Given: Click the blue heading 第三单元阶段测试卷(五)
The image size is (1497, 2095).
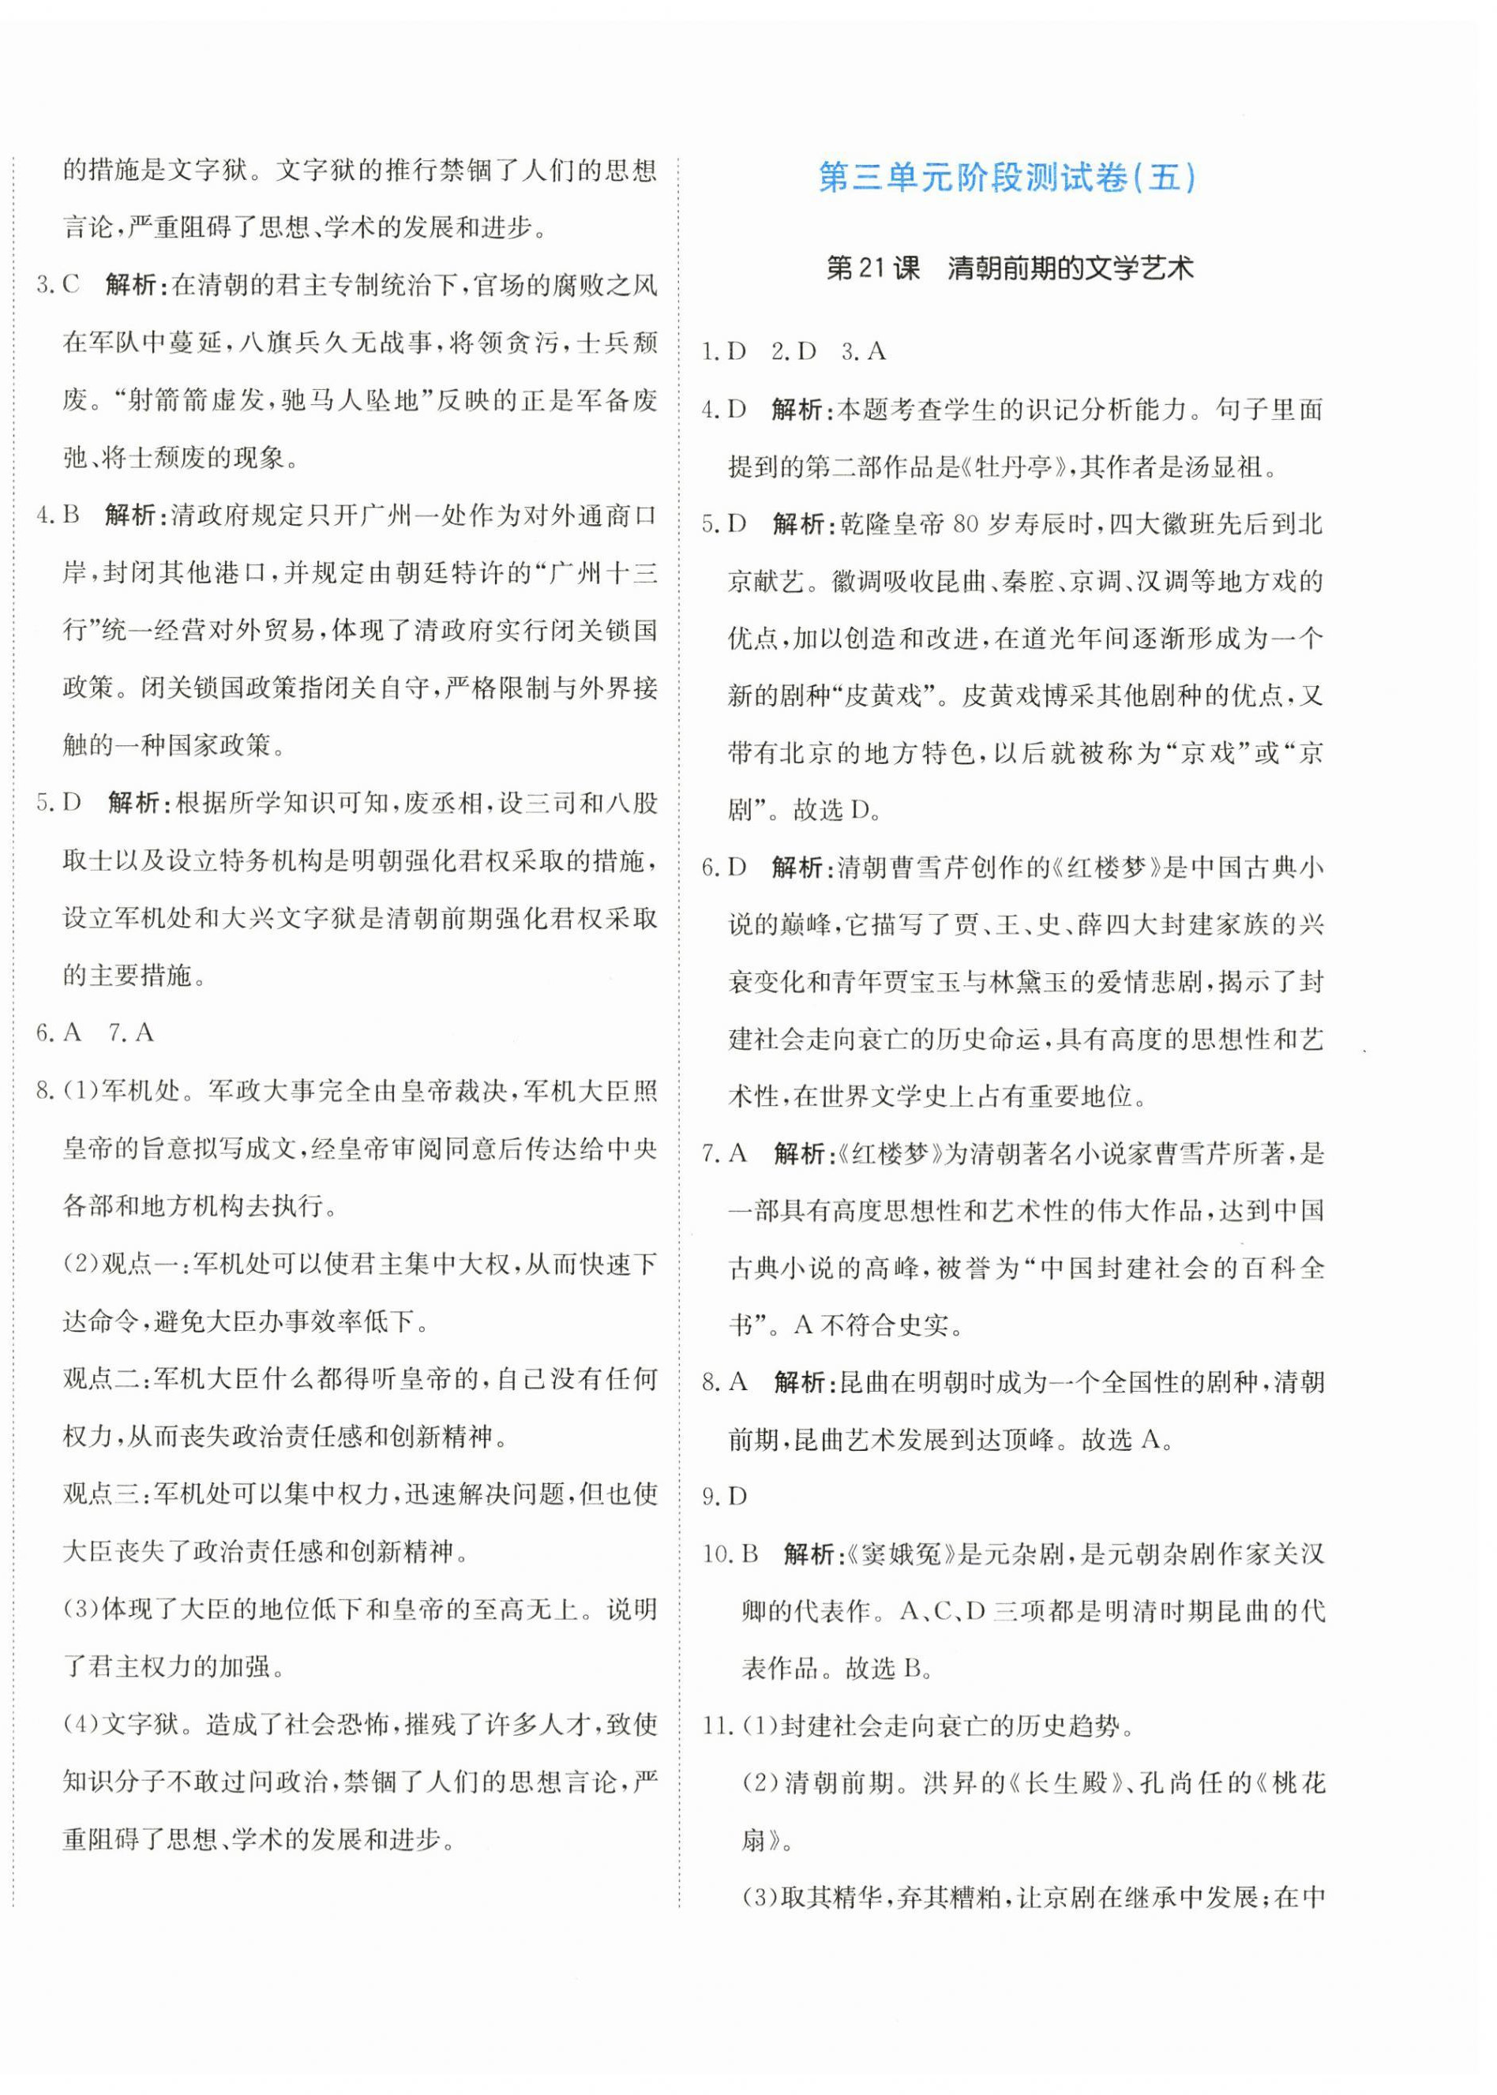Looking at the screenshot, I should click(x=1007, y=177).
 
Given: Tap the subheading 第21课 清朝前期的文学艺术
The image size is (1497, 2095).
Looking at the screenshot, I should click(x=1009, y=268).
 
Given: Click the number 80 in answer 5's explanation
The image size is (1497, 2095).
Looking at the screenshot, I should click(x=964, y=524).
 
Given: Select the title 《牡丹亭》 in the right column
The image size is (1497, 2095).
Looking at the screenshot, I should click(x=1014, y=467).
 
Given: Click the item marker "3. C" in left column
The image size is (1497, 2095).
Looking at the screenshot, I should click(x=59, y=285).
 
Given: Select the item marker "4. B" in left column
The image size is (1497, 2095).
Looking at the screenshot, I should click(x=59, y=515).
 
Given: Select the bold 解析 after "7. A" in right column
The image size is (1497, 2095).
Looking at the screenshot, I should click(x=798, y=1153).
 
